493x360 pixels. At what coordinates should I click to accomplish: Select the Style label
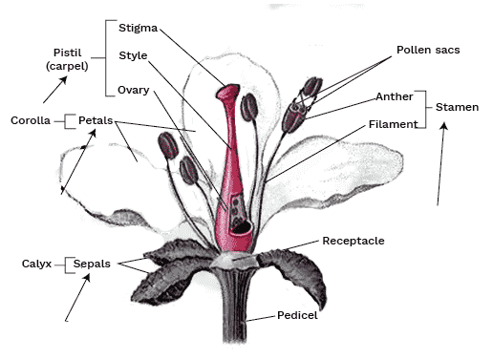pyautogui.click(x=133, y=55)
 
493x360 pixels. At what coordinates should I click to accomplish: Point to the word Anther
pyautogui.click(x=395, y=96)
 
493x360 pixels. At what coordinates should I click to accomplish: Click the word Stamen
pyautogui.click(x=457, y=108)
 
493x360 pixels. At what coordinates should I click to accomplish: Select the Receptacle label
pyautogui.click(x=354, y=241)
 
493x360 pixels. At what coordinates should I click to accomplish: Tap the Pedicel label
pyautogui.click(x=297, y=314)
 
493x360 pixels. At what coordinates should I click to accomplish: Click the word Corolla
pyautogui.click(x=31, y=121)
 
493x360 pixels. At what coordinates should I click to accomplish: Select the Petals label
pyautogui.click(x=96, y=121)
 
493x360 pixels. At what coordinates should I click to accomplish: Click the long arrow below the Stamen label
pyautogui.click(x=442, y=167)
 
